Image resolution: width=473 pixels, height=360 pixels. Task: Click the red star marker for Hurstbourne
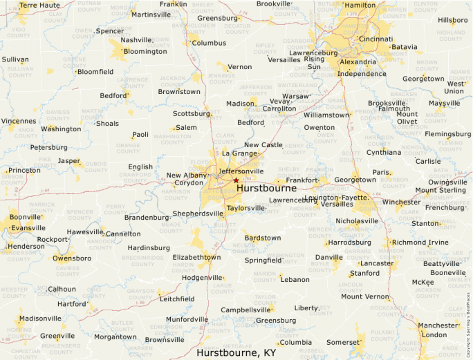point(236,180)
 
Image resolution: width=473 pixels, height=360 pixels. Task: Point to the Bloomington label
point(145,51)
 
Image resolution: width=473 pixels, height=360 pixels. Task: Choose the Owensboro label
point(72,258)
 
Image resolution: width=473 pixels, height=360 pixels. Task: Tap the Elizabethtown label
point(196,257)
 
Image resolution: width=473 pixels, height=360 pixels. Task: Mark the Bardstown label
point(263,238)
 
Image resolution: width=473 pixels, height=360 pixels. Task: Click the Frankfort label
point(302,180)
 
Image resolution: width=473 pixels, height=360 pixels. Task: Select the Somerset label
point(344,342)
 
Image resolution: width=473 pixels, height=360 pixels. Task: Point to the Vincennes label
point(19,121)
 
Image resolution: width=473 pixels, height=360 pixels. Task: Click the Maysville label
point(445,104)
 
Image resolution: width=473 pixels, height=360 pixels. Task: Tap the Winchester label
point(401,202)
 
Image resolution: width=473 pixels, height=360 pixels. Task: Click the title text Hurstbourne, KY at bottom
point(236,352)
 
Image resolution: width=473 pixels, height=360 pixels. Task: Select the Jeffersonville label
point(241,171)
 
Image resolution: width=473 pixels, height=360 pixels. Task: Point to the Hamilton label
point(360,5)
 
